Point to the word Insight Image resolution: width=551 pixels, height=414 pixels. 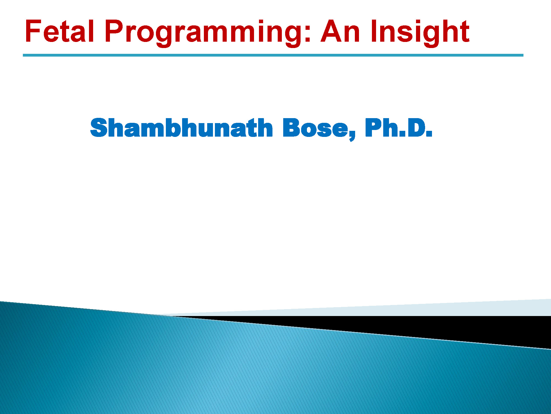(x=420, y=33)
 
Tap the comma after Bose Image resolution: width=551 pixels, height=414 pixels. (x=352, y=136)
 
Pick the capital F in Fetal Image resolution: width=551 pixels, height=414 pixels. (x=33, y=31)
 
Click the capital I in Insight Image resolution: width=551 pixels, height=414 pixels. (x=374, y=31)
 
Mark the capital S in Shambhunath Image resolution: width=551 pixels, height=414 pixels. (x=99, y=128)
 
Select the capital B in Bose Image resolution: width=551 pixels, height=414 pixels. (x=291, y=128)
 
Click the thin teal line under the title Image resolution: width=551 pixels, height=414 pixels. (x=273, y=55)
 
